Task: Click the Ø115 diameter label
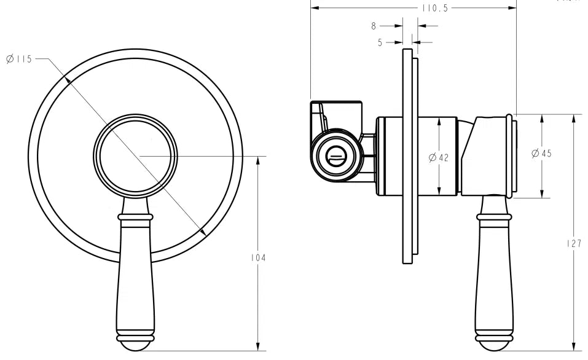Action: pyautogui.click(x=18, y=59)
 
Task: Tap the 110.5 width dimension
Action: pyautogui.click(x=434, y=8)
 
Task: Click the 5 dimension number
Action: pyautogui.click(x=380, y=42)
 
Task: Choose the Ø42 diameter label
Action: pyautogui.click(x=439, y=157)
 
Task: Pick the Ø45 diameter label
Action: pyautogui.click(x=541, y=154)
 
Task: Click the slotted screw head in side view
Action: pyautogui.click(x=335, y=156)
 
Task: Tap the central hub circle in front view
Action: pyautogui.click(x=135, y=155)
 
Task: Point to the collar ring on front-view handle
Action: pyautogui.click(x=135, y=217)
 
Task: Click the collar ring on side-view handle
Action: pyautogui.click(x=493, y=217)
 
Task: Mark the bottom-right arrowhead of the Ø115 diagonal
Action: pyautogui.click(x=203, y=232)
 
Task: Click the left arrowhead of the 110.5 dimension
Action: pyautogui.click(x=315, y=8)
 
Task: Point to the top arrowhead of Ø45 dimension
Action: pyautogui.click(x=541, y=118)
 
